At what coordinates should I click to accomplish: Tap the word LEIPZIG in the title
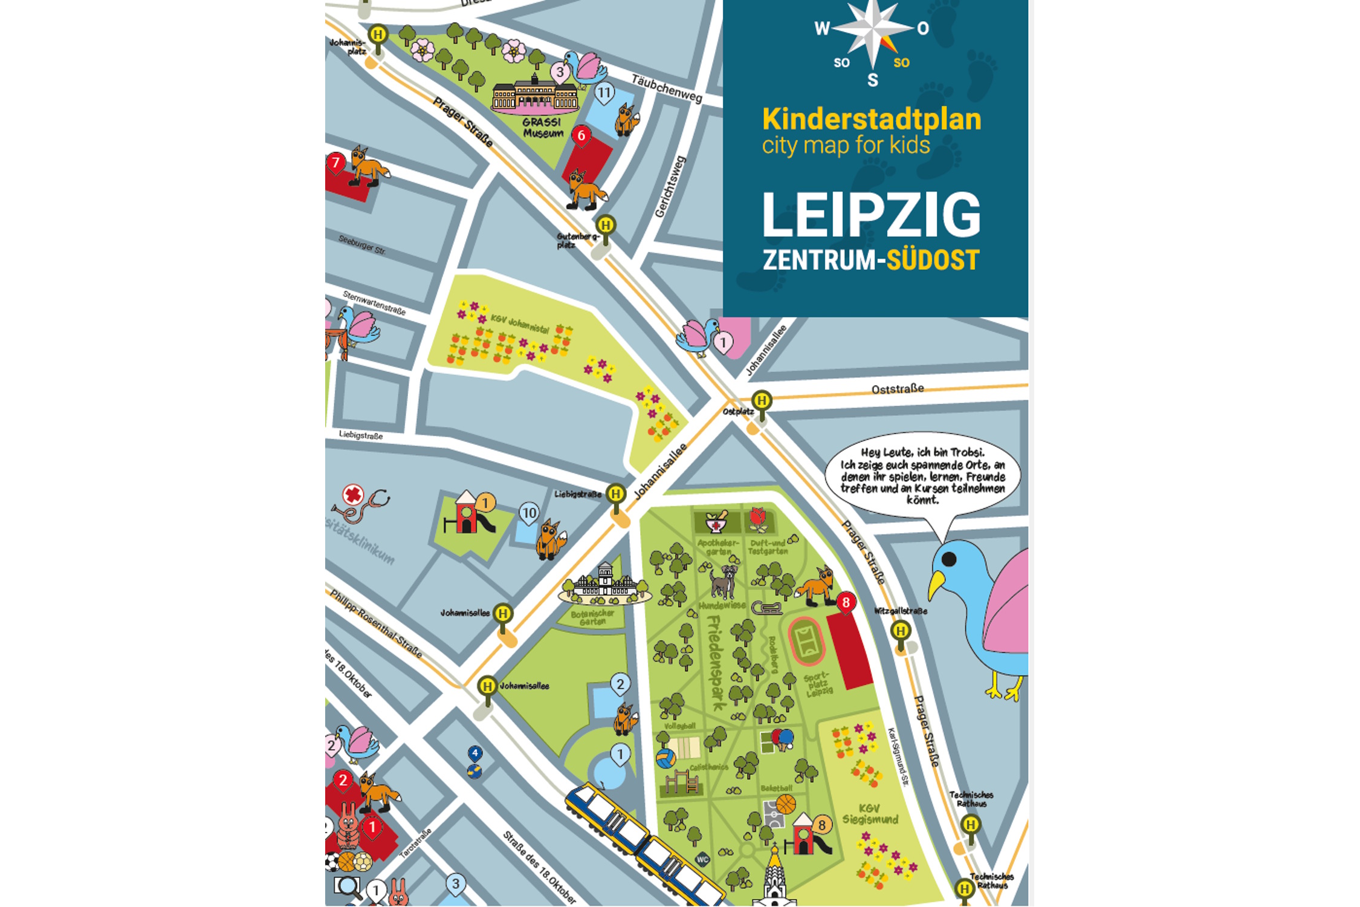click(870, 216)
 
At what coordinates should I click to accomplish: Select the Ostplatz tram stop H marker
click(762, 401)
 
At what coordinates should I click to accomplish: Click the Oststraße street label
click(897, 389)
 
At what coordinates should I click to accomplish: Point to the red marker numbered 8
click(845, 602)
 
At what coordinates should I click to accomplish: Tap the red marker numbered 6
click(581, 135)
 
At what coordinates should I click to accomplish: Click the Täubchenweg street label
click(666, 88)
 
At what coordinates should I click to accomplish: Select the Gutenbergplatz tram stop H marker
click(606, 226)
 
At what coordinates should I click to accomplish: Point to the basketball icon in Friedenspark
click(785, 804)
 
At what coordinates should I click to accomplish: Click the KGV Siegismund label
click(870, 814)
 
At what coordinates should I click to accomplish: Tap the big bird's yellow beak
click(936, 584)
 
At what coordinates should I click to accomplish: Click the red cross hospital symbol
click(352, 495)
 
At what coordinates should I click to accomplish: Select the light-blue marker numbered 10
click(529, 513)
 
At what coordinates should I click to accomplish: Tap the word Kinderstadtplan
click(871, 119)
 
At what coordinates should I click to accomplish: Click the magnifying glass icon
click(348, 886)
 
